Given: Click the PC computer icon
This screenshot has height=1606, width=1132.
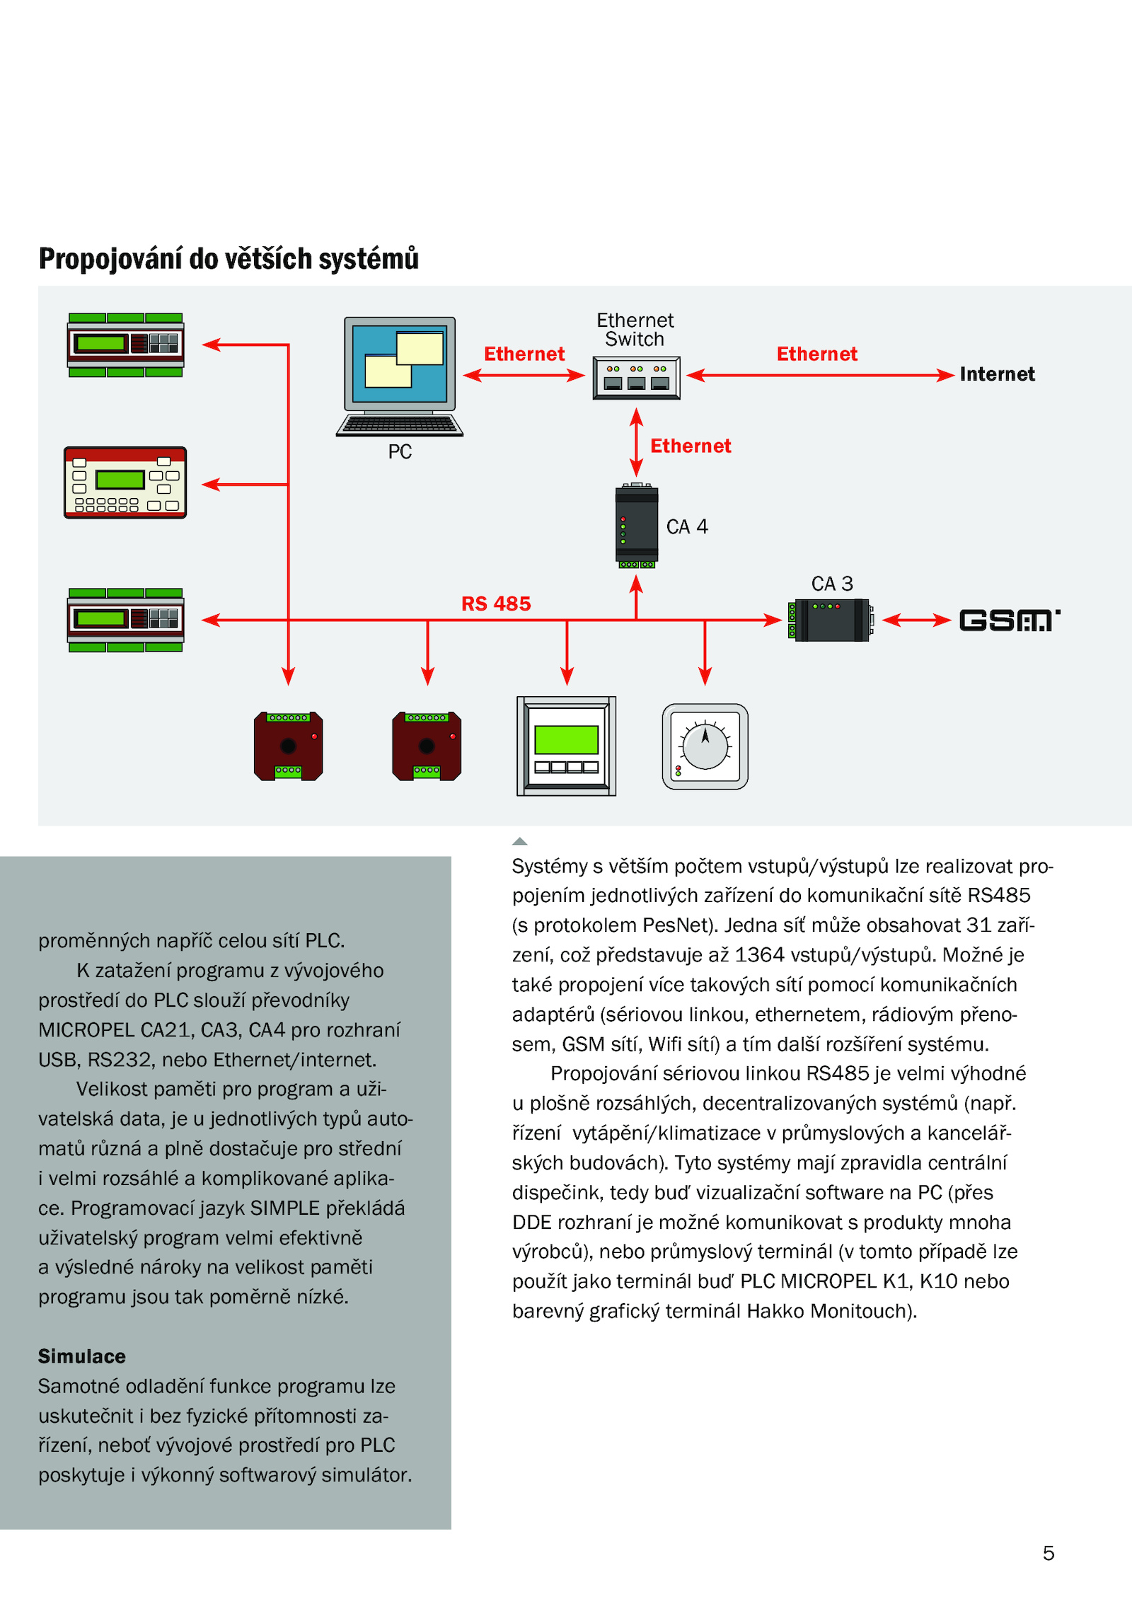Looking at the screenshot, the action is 400,376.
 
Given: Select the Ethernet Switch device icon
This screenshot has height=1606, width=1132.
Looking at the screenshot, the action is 636,378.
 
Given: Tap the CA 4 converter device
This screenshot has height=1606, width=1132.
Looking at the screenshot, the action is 637,526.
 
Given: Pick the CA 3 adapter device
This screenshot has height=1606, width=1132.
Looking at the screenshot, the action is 831,620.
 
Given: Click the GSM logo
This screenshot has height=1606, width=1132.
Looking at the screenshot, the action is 1010,620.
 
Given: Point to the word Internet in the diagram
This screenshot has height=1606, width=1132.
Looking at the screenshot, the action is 997,374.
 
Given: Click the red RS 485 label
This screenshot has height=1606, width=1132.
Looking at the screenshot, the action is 496,603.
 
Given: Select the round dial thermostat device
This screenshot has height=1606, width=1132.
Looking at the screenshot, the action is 705,746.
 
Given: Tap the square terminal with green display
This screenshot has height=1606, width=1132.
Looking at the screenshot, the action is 566,746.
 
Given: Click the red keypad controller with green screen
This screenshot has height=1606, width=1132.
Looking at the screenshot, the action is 125,483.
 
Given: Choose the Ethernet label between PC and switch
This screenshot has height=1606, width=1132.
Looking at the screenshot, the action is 524,354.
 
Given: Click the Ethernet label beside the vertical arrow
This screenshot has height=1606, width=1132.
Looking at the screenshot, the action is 691,446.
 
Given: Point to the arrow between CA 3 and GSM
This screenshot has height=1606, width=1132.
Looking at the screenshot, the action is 917,620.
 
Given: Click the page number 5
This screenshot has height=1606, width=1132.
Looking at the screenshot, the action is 1049,1553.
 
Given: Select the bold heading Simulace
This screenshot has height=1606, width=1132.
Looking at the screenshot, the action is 82,1356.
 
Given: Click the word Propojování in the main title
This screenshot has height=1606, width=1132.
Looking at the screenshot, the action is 112,260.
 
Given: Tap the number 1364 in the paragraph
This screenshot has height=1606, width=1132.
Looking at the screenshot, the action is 759,955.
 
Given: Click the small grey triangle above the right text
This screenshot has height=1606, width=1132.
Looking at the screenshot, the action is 520,841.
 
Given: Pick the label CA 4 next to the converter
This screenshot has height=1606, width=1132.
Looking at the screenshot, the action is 687,527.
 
